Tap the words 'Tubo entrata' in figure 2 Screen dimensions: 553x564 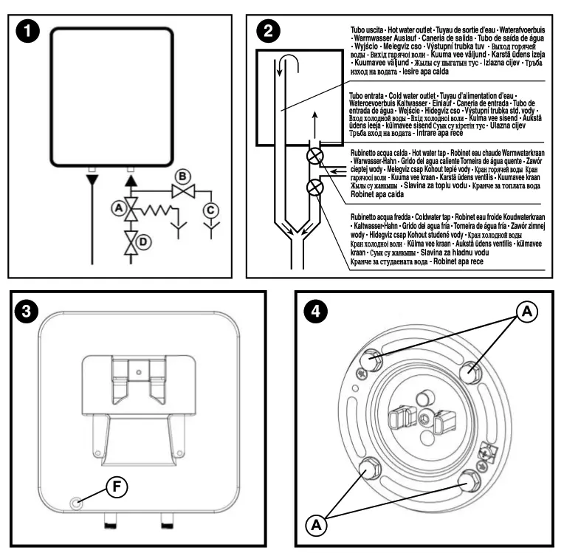coord(368,96)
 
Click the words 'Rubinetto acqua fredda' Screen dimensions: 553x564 coord(383,211)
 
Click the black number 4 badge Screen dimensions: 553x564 coord(317,312)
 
